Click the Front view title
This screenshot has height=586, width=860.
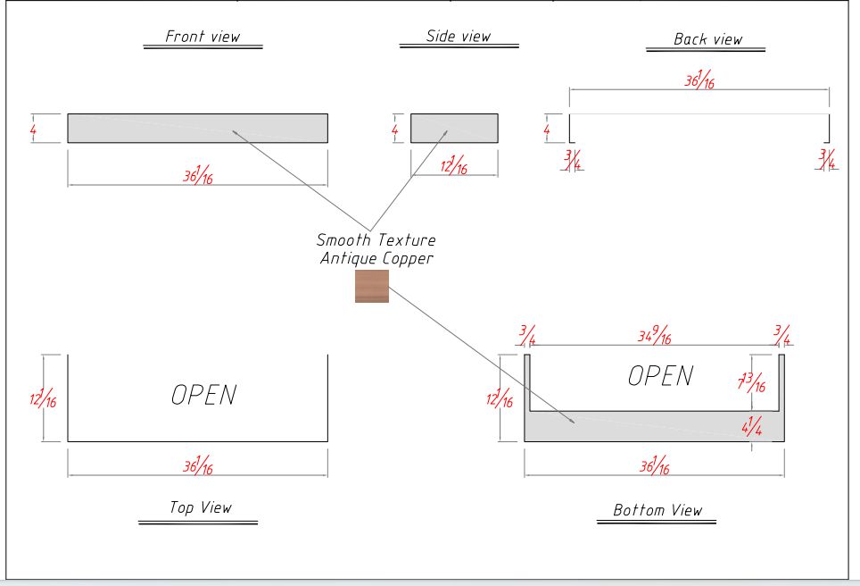click(203, 37)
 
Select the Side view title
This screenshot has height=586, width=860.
click(459, 37)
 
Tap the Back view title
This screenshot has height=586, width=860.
click(707, 38)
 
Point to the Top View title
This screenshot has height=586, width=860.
click(201, 507)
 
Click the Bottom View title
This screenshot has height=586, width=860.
click(657, 510)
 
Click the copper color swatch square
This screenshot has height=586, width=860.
click(372, 287)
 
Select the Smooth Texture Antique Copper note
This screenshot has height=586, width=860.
click(376, 249)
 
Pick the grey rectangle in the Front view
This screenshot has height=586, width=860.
click(197, 128)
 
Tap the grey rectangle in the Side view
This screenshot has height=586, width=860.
click(454, 128)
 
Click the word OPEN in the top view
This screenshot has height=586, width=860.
click(204, 395)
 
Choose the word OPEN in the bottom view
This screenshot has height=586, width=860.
click(660, 376)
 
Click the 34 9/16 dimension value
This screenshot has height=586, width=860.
click(654, 336)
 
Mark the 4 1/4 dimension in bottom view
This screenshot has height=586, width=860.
click(752, 426)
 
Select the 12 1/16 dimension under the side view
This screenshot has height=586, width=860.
click(454, 165)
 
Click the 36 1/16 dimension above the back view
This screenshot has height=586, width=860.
click(699, 80)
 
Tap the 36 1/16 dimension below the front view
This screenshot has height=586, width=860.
click(198, 176)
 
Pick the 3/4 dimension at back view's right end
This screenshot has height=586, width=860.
click(827, 159)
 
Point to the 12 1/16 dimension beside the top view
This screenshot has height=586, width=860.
click(42, 398)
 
